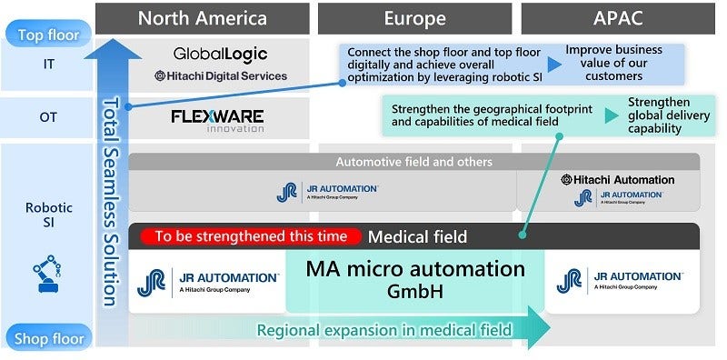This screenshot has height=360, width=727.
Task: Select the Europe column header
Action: click(x=415, y=17)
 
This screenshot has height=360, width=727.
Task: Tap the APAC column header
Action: click(x=618, y=17)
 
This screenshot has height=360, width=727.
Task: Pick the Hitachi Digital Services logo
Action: click(x=221, y=76)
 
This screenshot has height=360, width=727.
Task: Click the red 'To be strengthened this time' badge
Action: click(x=251, y=236)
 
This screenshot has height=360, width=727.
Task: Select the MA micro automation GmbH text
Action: click(x=415, y=279)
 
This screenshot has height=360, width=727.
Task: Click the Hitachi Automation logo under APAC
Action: click(x=618, y=179)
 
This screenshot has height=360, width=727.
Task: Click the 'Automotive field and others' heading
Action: click(x=414, y=162)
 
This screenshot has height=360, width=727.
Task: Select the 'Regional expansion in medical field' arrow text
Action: click(x=384, y=330)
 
